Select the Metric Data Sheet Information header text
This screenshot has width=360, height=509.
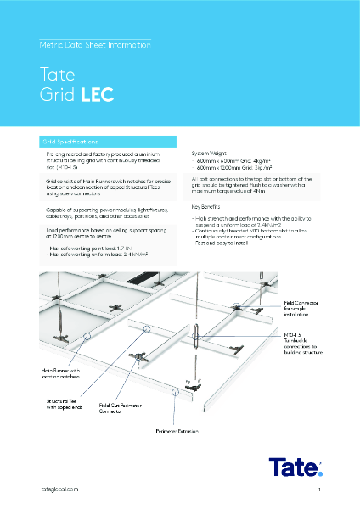(95, 42)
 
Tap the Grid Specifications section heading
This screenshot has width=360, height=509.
(68, 141)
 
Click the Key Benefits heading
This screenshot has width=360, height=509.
(206, 206)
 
